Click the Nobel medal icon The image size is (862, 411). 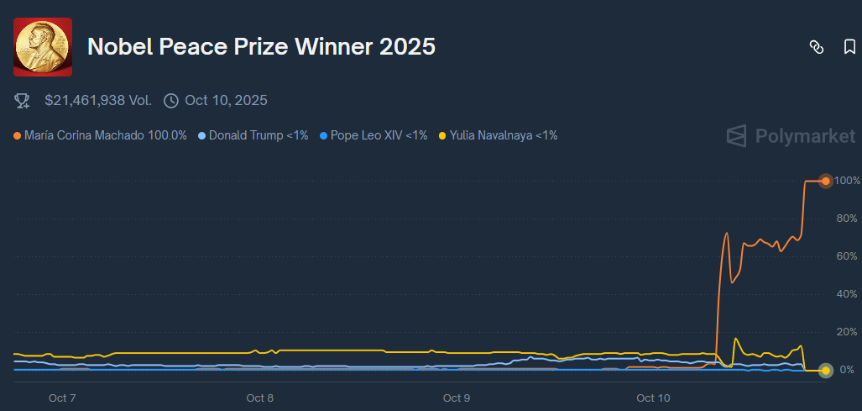point(43,47)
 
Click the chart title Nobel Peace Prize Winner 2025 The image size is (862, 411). point(261,47)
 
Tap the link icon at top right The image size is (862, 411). point(816,47)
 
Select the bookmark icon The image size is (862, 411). point(849,47)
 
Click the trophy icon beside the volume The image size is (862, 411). point(23,101)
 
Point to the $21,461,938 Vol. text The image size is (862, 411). point(98,101)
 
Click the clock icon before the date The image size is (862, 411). point(171,101)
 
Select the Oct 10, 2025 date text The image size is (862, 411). point(226,101)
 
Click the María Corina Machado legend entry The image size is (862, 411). point(101,134)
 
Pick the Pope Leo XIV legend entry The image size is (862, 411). point(374,134)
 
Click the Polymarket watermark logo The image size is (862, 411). point(791,135)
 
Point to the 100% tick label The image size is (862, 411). point(846,181)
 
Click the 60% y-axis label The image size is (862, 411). point(846,256)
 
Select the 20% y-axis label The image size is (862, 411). point(846,332)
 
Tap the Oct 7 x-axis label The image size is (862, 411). point(62,398)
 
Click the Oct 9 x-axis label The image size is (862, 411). point(456,398)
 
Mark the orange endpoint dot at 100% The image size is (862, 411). point(826,181)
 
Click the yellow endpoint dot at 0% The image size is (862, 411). point(826,370)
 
